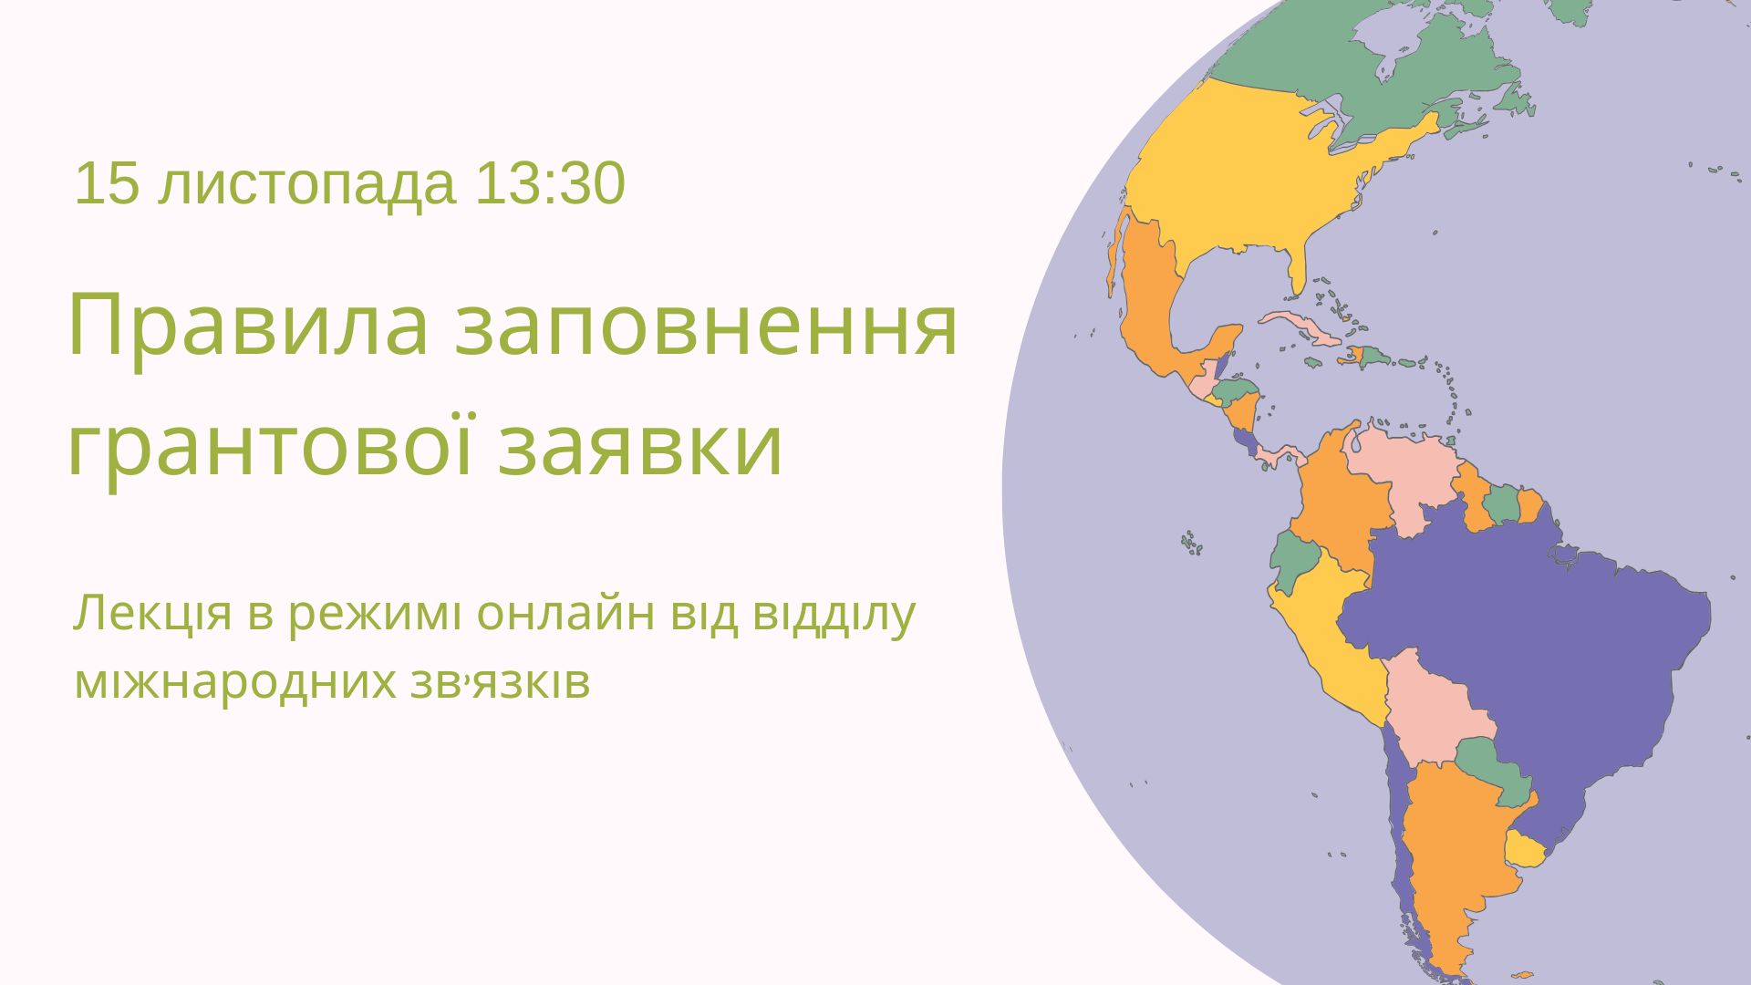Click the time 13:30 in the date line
(x=550, y=184)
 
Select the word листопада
(x=306, y=187)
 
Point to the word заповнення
(x=707, y=327)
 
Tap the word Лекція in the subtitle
(x=152, y=616)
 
